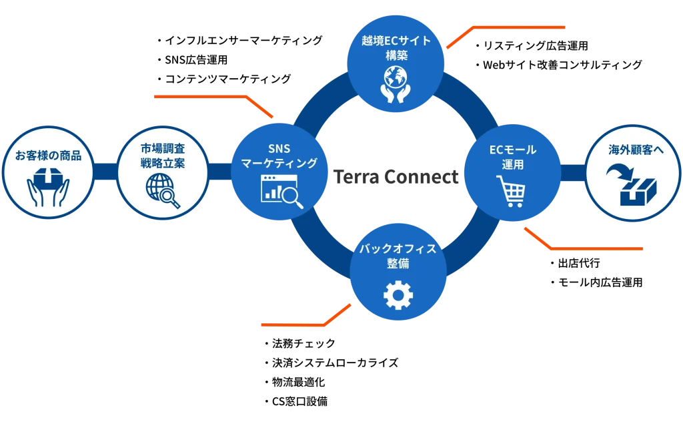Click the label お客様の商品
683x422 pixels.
point(48,156)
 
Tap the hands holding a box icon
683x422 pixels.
point(48,186)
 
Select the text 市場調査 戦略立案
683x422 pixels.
point(163,155)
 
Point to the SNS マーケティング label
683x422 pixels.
point(279,156)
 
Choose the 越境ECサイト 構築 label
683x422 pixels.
point(396,47)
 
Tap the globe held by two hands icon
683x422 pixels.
point(396,83)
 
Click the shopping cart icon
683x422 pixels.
point(511,191)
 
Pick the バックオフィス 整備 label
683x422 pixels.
point(398,256)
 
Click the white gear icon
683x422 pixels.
point(398,294)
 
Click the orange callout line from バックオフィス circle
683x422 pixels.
point(293,325)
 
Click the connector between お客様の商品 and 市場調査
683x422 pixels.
point(105,172)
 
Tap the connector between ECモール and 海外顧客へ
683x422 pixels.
point(573,172)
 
